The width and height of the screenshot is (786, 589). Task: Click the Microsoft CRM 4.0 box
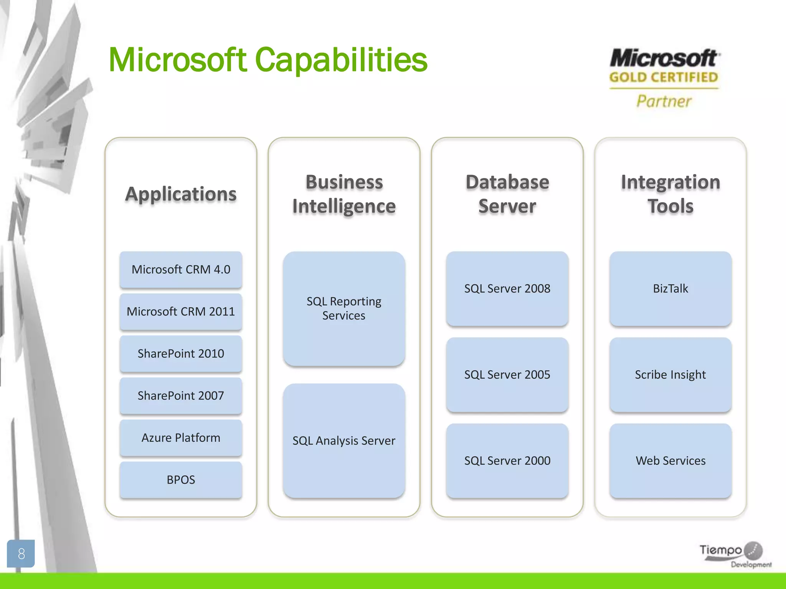[x=181, y=270]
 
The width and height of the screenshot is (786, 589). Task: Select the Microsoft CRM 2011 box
[x=181, y=311]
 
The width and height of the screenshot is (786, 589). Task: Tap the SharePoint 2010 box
[x=181, y=354]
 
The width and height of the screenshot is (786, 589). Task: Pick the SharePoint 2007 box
[x=181, y=395]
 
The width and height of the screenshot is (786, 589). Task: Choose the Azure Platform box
[x=181, y=438]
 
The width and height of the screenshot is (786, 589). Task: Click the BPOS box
[x=181, y=480]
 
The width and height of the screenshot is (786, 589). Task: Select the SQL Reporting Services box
[x=344, y=308]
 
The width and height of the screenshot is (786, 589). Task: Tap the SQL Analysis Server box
[x=344, y=441]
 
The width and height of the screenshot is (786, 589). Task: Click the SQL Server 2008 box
[x=507, y=288]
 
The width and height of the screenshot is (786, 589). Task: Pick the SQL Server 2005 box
[x=507, y=374]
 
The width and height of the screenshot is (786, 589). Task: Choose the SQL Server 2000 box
[x=507, y=461]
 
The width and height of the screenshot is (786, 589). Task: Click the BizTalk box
[x=670, y=288]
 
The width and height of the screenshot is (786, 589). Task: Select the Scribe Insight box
[x=670, y=374]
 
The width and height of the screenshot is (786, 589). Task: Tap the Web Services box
[x=670, y=461]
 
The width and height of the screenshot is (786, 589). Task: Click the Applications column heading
[x=181, y=194]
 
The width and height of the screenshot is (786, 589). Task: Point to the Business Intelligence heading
[x=344, y=194]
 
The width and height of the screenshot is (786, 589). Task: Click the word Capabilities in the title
[x=341, y=60]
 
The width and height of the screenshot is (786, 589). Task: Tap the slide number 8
[x=21, y=553]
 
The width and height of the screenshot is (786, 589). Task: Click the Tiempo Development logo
[x=734, y=554]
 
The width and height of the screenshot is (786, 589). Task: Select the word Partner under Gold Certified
[x=664, y=101]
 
